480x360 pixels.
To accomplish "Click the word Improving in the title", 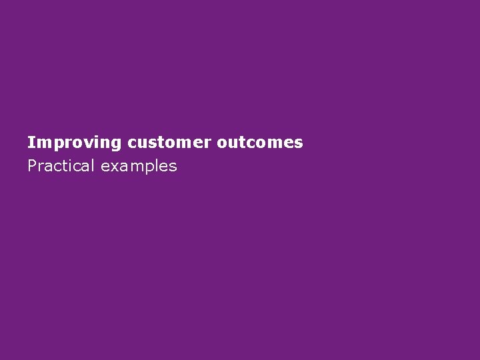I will click(x=75, y=143).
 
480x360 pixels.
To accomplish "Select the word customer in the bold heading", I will click(x=169, y=143).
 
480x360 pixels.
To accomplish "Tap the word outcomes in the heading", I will click(x=260, y=143).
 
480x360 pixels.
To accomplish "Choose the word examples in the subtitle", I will click(x=139, y=166).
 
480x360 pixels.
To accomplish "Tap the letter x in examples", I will click(x=114, y=166).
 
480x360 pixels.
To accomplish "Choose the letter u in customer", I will click(x=141, y=143).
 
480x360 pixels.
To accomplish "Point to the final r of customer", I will click(x=207, y=143).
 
